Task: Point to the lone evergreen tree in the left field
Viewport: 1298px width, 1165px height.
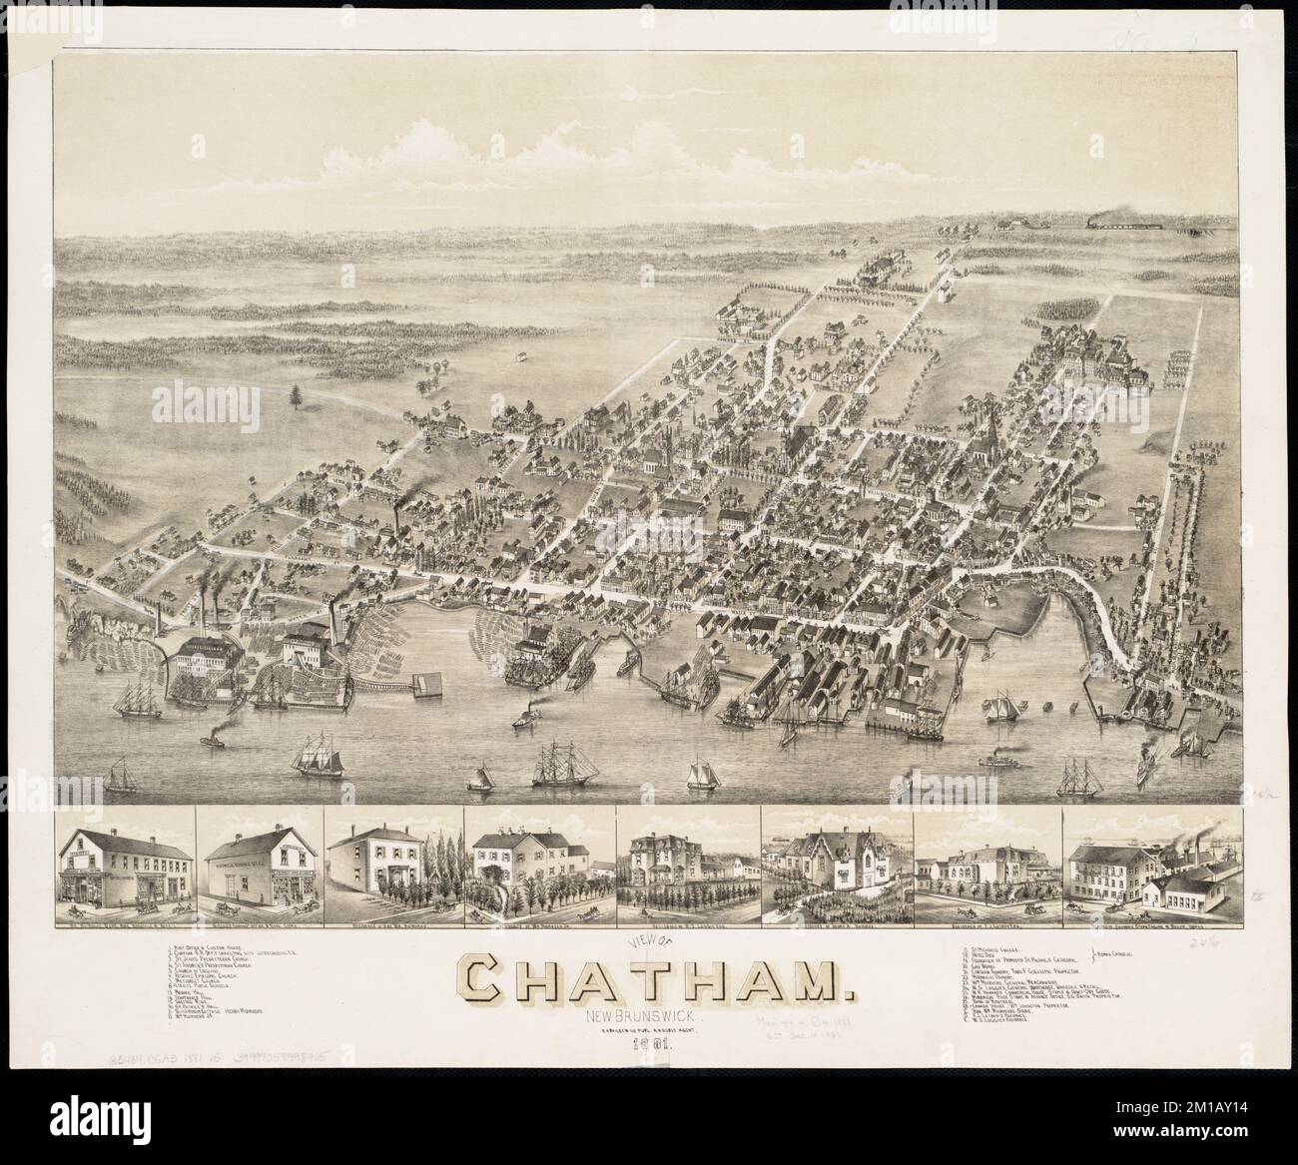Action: (296, 398)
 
